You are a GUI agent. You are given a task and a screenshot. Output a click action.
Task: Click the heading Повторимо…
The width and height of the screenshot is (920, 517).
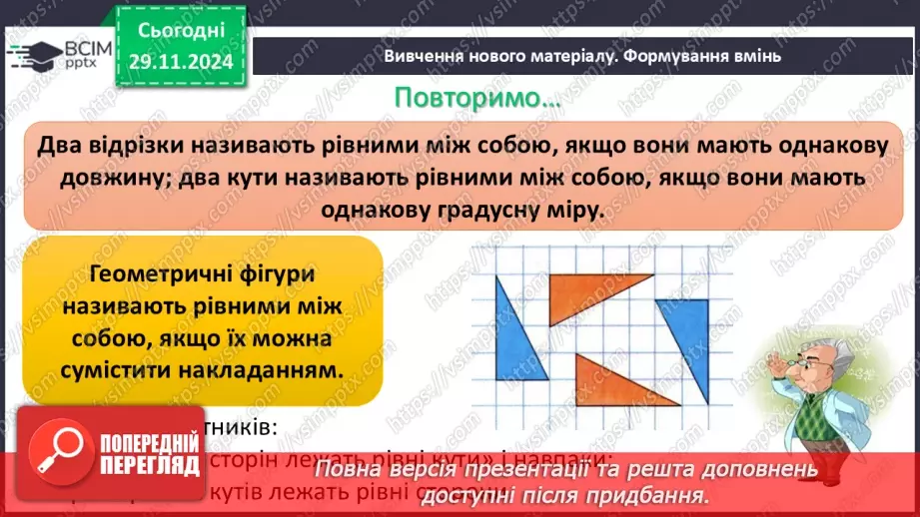(x=477, y=99)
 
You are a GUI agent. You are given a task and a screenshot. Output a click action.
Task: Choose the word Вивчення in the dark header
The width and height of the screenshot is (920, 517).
(x=419, y=57)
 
